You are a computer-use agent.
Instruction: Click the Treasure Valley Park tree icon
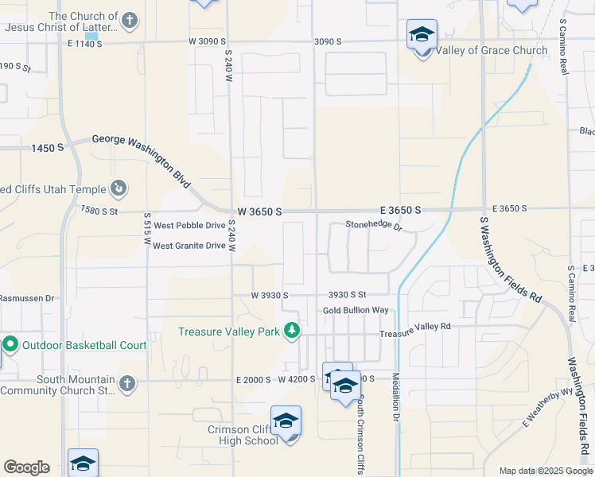pos(292,330)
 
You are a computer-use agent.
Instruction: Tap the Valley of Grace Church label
pos(492,50)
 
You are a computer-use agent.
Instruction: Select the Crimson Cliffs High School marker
pos(286,421)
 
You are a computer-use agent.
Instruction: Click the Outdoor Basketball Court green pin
pos(10,345)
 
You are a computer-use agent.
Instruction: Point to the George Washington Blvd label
pos(142,157)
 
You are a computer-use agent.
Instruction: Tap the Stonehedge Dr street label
pos(374,226)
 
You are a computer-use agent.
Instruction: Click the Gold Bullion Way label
pos(356,309)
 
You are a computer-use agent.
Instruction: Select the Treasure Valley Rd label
pos(414,326)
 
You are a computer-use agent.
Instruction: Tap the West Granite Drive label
pos(189,246)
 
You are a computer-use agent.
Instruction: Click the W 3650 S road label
pos(260,211)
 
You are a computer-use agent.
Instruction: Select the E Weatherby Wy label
pos(548,407)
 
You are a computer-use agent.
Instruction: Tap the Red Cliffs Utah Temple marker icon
pos(119,188)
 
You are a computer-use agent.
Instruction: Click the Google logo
pos(26,467)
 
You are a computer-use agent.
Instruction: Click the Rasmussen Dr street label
pos(26,298)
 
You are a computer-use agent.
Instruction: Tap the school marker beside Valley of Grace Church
pos(422,36)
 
